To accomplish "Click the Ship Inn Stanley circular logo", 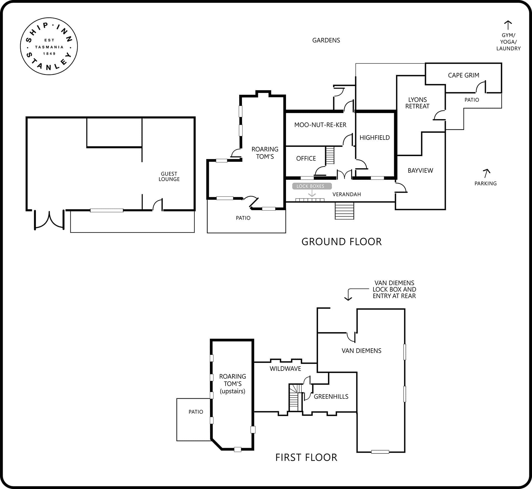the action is (49, 46).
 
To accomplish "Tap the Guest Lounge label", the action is (169, 176).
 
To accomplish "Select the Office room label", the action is (306, 158).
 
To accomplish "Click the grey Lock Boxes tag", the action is (312, 186).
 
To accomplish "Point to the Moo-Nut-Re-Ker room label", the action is (320, 125).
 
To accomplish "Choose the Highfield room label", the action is (375, 138).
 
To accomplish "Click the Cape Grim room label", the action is (464, 75).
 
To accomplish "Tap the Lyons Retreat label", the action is (417, 103).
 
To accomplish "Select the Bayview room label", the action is (420, 171).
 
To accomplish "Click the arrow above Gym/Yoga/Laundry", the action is (508, 25).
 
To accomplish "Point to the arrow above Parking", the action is (486, 173).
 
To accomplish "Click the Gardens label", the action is (326, 40).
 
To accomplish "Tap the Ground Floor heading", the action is (342, 242).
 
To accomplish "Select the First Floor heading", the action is (306, 457).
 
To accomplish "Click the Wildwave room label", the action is (285, 369).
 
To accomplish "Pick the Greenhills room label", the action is (331, 397).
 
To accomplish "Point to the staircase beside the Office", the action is (330, 155).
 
